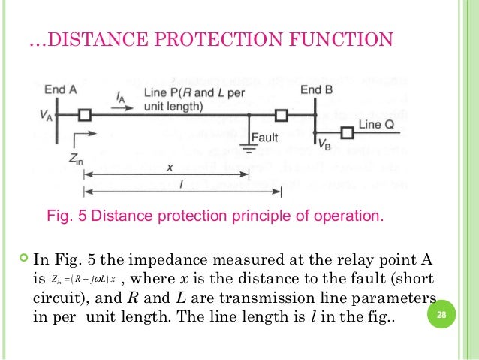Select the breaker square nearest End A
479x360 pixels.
point(85,115)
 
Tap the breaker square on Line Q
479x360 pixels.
point(347,133)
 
